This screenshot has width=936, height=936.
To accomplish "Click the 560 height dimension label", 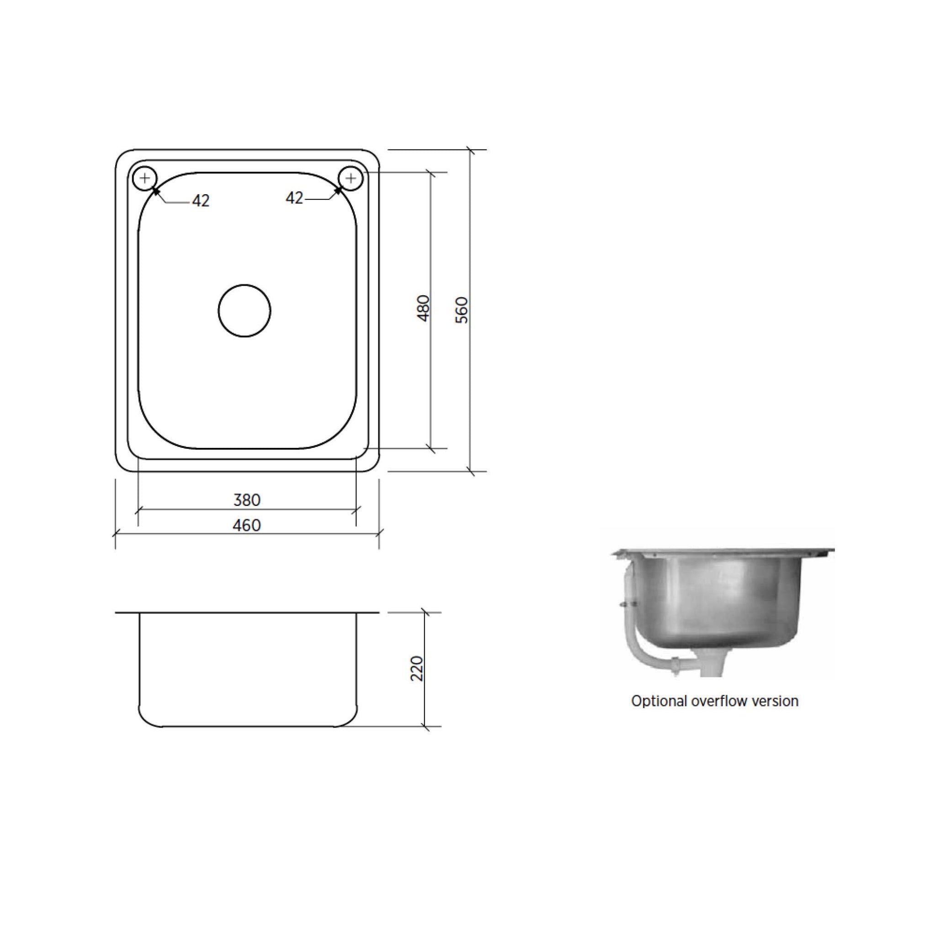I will point(462,310).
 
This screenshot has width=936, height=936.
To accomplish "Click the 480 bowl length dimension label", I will point(423,308).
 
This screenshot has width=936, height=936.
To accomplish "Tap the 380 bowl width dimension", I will point(247,500).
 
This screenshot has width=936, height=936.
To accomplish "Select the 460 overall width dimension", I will point(247,526).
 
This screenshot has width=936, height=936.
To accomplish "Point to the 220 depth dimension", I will point(417,669).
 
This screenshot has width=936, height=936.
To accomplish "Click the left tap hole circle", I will point(144,179).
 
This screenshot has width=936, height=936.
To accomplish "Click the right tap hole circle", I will point(351,179).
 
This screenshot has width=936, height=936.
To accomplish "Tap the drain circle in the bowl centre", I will point(245,310).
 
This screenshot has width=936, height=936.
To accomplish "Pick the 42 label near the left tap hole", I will point(201,201).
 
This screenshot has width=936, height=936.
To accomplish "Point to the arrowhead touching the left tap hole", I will point(155,191).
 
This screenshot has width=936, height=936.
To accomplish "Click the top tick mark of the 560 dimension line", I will point(469,150).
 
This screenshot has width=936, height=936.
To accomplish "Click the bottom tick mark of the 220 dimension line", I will point(425,727).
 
